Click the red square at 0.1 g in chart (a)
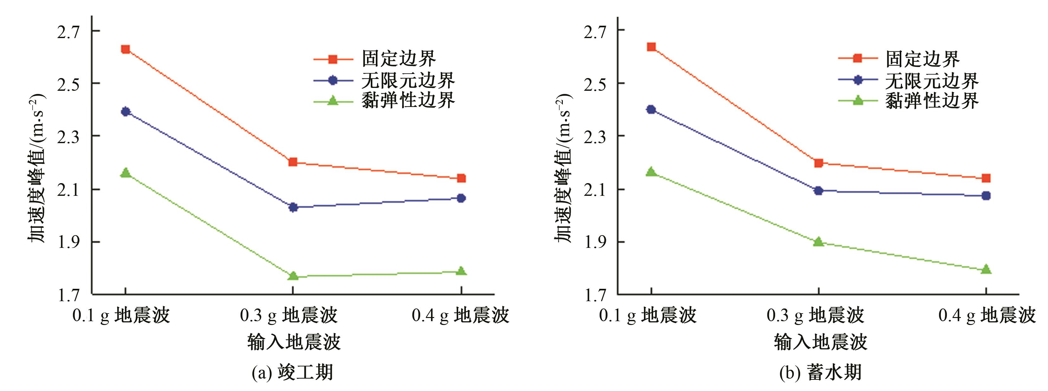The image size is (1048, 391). click(125, 49)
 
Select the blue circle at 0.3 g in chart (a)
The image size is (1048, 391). click(293, 207)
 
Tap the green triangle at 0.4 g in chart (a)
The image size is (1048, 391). click(461, 271)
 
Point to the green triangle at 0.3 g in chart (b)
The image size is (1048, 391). click(819, 242)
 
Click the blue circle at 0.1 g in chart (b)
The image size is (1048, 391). click(651, 109)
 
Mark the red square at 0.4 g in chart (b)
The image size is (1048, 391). click(986, 178)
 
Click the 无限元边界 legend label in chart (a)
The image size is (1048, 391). click(408, 80)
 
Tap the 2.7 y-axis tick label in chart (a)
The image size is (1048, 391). click(68, 32)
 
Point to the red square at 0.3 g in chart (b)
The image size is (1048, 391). click(819, 163)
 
